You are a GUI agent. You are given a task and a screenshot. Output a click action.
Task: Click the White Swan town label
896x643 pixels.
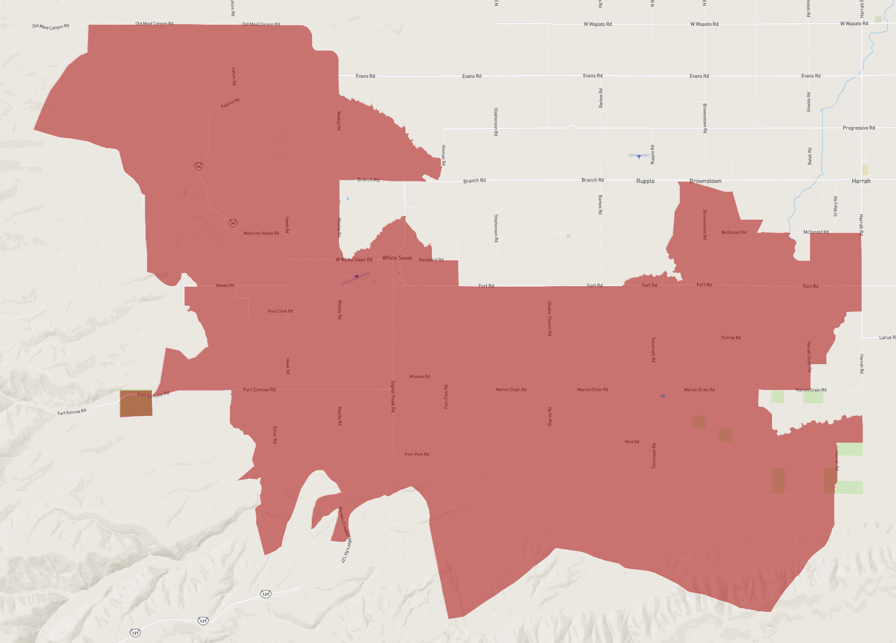[397, 258]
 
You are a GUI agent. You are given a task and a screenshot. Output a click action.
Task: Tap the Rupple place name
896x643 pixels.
[645, 181]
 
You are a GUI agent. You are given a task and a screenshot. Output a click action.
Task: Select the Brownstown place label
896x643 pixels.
[705, 181]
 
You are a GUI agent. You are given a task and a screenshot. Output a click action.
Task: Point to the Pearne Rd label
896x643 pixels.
[230, 103]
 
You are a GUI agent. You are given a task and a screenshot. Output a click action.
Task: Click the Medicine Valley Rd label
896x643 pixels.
[261, 233]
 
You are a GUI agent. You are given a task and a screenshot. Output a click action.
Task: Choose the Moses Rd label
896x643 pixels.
[225, 286]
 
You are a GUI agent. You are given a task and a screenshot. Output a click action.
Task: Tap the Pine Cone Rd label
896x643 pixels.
[280, 311]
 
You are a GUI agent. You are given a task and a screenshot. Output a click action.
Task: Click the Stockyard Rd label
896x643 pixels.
[431, 260]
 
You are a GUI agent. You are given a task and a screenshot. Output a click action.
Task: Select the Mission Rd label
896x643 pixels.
[419, 377]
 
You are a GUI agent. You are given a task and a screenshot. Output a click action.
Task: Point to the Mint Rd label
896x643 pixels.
[632, 442]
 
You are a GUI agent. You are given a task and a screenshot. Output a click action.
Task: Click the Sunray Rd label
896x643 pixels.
[730, 338]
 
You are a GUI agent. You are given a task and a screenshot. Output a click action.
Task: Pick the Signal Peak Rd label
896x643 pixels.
[393, 396]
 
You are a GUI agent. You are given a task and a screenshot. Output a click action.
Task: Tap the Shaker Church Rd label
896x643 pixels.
[549, 318]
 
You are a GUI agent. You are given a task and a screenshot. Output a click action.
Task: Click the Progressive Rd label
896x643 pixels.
[859, 128]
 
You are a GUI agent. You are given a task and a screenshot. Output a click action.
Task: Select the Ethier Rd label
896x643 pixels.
[275, 434]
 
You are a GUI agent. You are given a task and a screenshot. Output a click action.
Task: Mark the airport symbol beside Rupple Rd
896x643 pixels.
[639, 156]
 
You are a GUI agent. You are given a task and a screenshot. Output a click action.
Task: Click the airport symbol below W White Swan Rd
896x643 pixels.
[357, 277]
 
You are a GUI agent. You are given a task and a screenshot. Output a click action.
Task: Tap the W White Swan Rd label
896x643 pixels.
[354, 260]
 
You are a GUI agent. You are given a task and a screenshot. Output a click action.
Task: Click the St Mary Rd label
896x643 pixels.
[835, 206]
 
